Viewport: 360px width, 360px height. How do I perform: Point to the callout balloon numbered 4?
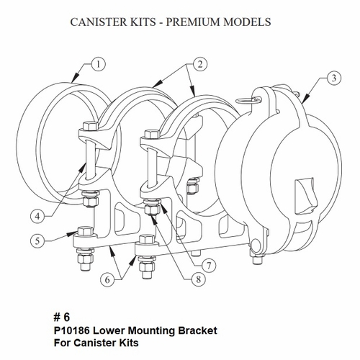coord(39,215)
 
